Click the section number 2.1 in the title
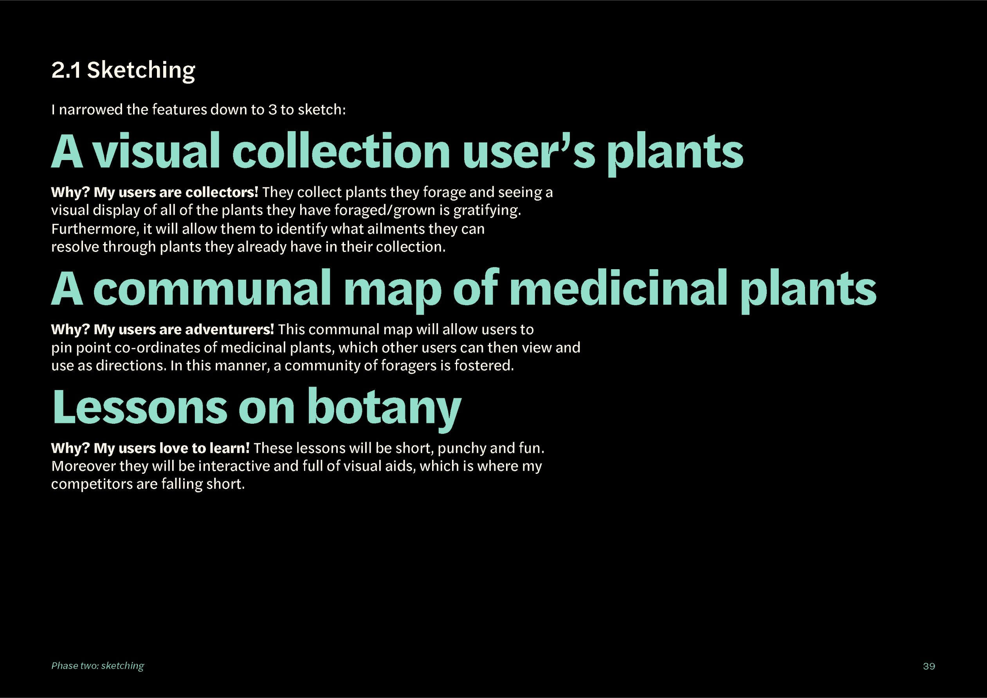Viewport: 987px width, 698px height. click(x=66, y=70)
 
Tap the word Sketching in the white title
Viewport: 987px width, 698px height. click(x=141, y=71)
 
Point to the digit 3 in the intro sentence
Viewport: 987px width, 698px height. click(x=272, y=110)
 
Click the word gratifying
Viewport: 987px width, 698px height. click(x=487, y=210)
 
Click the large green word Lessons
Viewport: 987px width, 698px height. click(x=140, y=407)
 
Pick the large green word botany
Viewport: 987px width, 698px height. click(x=384, y=409)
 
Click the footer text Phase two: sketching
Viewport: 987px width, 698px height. click(x=97, y=666)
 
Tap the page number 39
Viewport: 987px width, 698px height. click(x=929, y=666)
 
